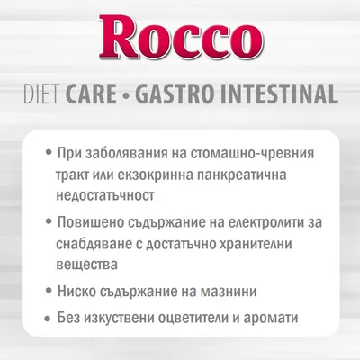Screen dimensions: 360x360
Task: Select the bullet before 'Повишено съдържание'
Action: pyautogui.click(x=47, y=221)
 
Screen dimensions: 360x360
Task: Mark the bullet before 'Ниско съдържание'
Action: pyautogui.click(x=47, y=292)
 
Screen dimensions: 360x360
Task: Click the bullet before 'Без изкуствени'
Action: pyautogui.click(x=47, y=319)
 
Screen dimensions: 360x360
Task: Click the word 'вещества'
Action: pyautogui.click(x=87, y=265)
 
